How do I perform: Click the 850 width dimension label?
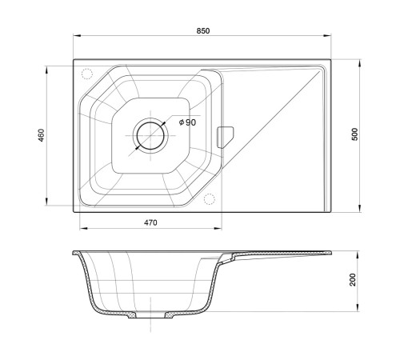click(203, 31)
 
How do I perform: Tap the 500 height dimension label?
click(355, 134)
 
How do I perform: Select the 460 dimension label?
click(42, 135)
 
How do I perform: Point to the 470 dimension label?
click(150, 222)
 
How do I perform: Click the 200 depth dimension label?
click(353, 280)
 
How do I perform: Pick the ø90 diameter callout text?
click(187, 122)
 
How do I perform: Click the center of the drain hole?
click(150, 136)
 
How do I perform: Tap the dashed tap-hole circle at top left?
click(86, 74)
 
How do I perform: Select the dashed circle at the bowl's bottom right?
click(210, 199)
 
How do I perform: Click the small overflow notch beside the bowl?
click(226, 137)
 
